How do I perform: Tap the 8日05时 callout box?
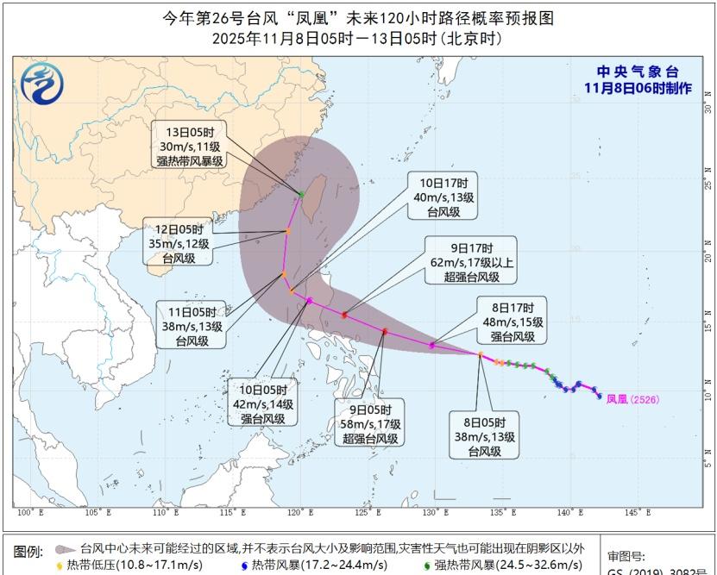point(485,436)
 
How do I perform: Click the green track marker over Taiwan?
point(300,194)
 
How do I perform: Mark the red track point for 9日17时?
point(344,315)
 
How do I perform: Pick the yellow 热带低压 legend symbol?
point(60,566)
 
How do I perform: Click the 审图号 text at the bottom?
point(626,557)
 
